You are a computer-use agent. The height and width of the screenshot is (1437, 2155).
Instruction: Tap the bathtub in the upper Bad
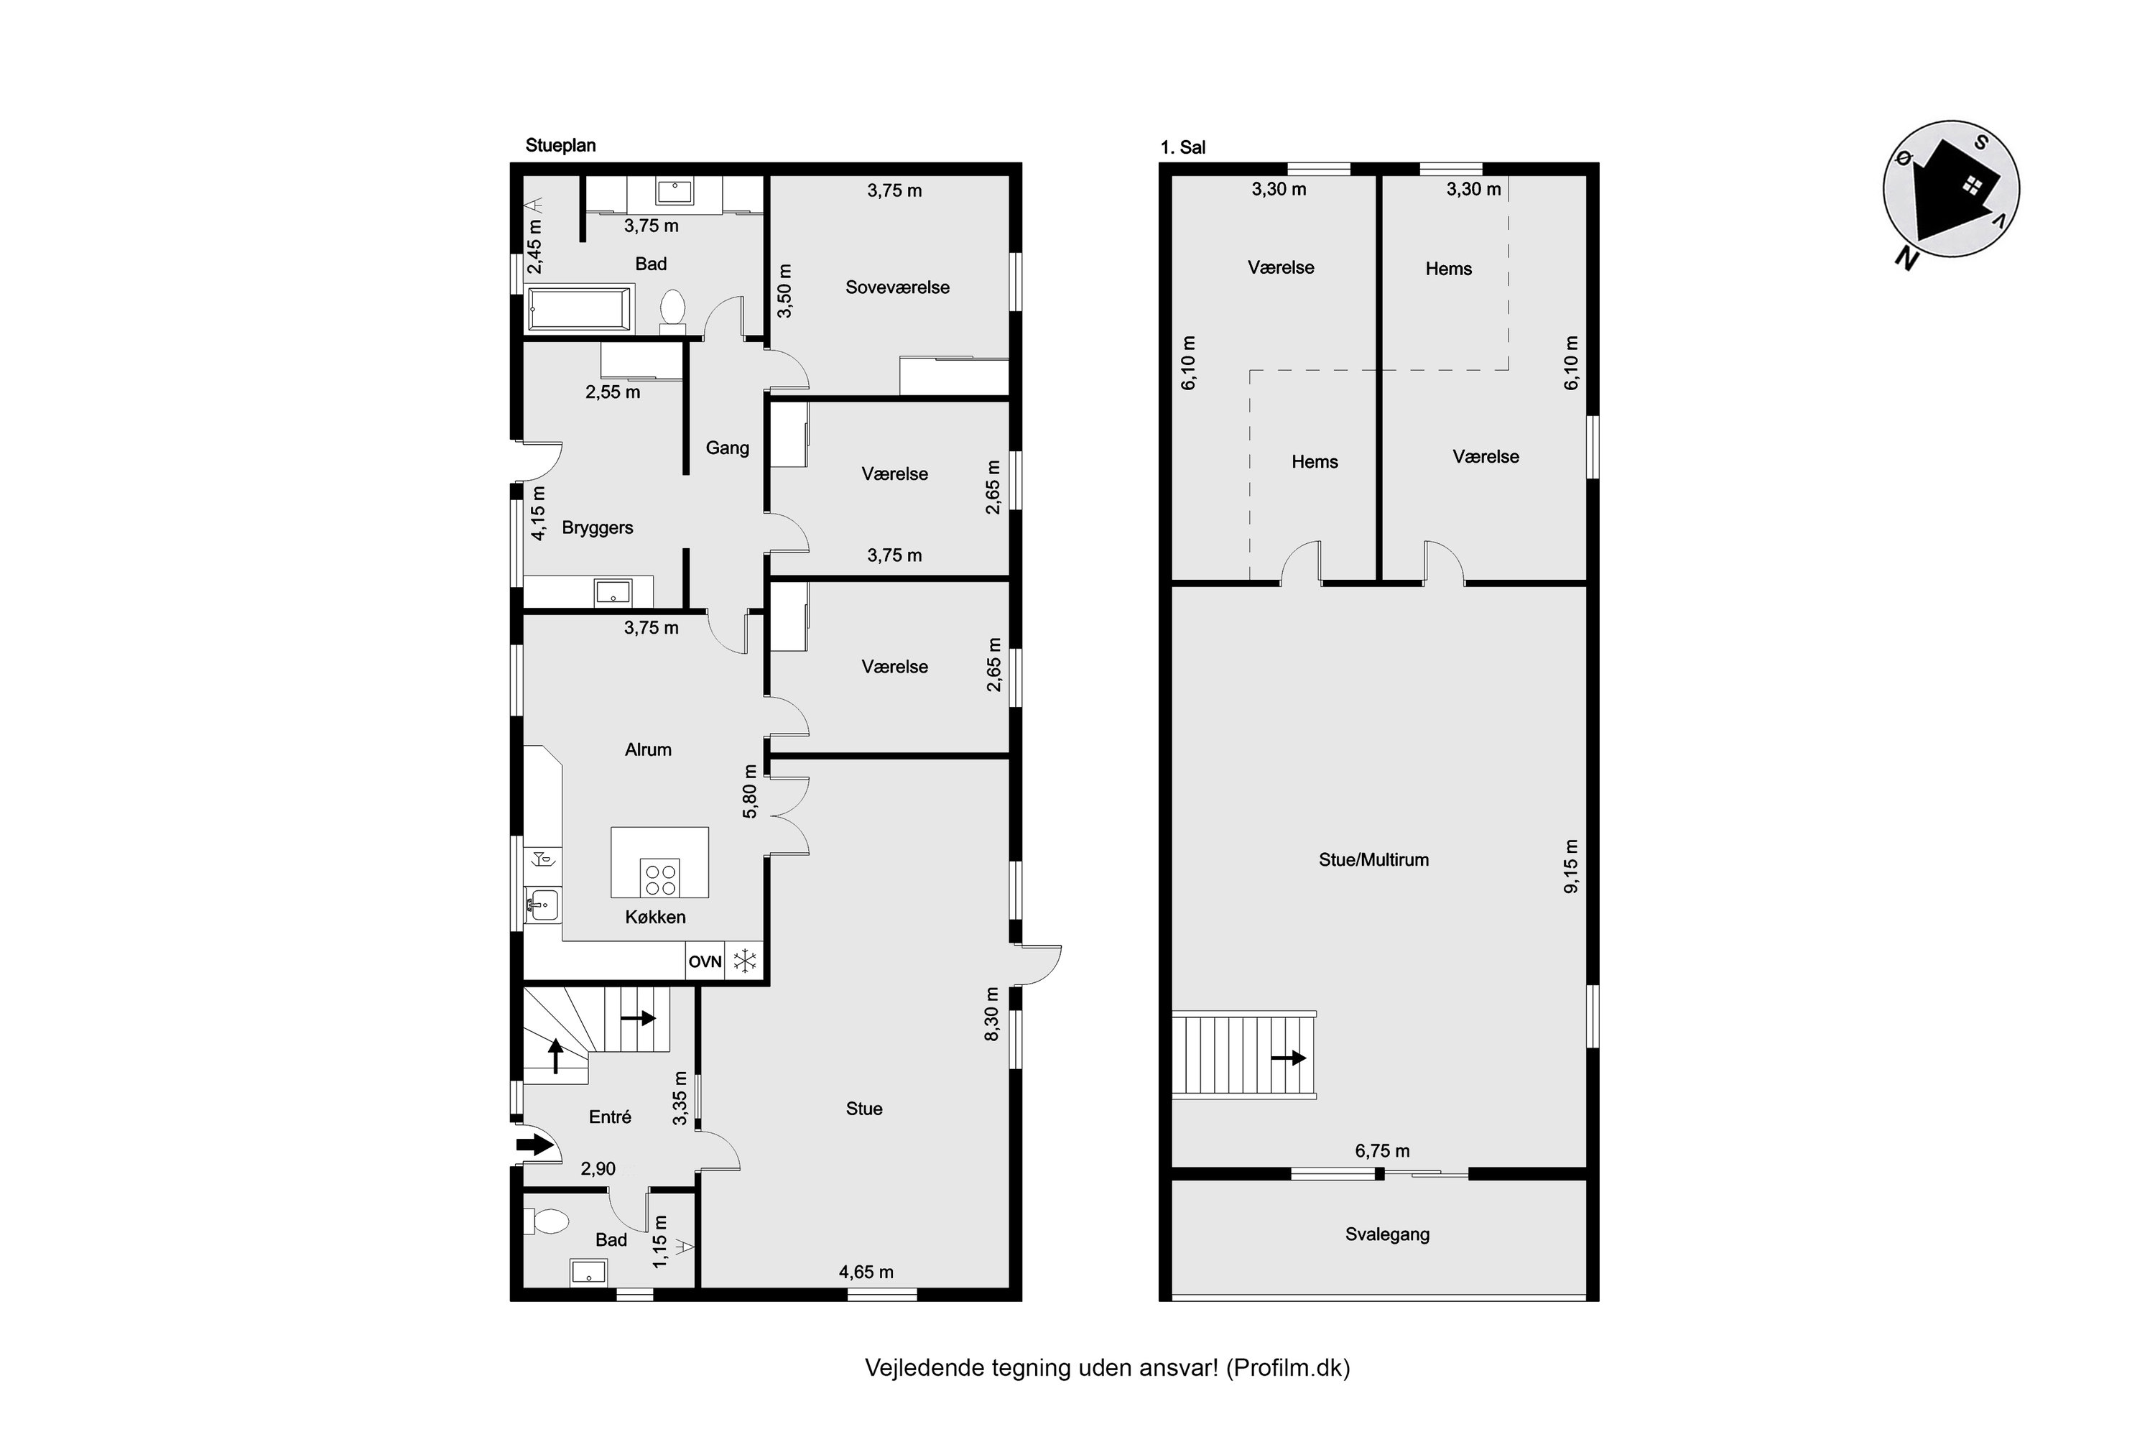coord(579,309)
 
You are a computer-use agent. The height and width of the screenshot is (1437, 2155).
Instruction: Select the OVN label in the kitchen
coord(705,961)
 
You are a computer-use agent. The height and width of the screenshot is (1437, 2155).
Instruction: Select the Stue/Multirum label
coord(1373,859)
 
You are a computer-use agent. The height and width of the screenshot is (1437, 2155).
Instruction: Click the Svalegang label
coord(1387,1234)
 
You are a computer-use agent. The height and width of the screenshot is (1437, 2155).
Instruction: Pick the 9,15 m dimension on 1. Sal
coord(1572,866)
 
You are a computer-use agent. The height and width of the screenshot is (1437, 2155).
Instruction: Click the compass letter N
coord(1906,259)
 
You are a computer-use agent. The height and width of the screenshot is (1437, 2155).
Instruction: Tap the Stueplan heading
coord(560,146)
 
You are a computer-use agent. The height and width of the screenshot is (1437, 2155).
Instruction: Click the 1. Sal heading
coord(1183,147)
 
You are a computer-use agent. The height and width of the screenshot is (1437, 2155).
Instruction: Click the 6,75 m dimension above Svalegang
coord(1381,1151)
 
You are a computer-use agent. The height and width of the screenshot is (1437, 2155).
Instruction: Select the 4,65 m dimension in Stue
coord(866,1272)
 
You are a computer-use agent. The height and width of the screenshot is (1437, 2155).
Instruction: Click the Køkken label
coord(655,918)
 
